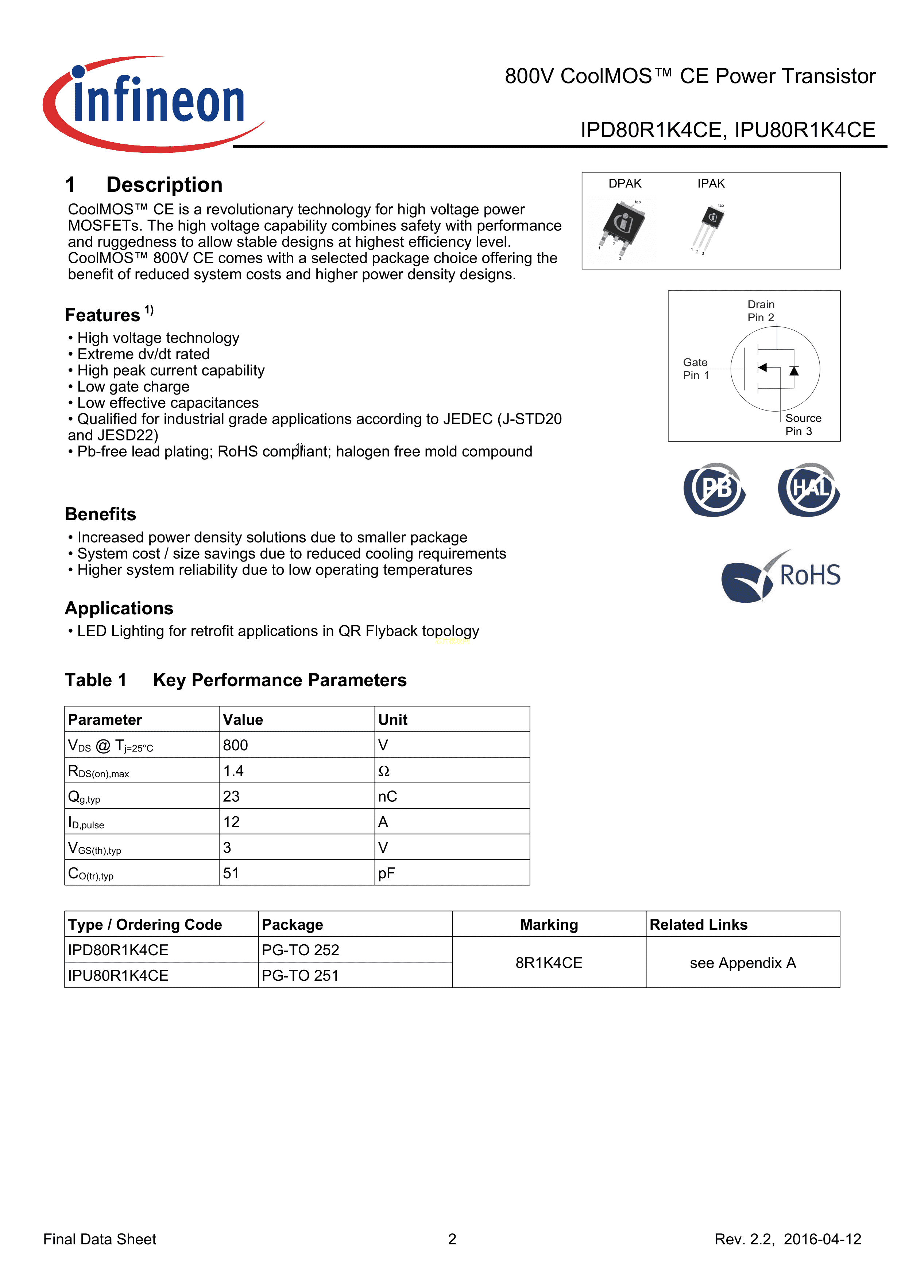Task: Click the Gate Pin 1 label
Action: tap(696, 369)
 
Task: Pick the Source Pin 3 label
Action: tap(802, 424)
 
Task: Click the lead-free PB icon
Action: tap(715, 489)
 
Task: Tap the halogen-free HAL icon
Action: tap(809, 489)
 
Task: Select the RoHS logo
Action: tap(781, 575)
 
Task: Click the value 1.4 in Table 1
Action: tap(233, 771)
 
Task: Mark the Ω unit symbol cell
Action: tap(384, 771)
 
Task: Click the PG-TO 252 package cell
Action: tap(300, 950)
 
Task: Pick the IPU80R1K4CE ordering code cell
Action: tap(118, 975)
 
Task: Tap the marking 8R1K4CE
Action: tap(549, 963)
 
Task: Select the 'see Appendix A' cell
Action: tap(742, 963)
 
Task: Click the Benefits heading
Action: tap(100, 514)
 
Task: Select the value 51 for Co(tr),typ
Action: tap(231, 873)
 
